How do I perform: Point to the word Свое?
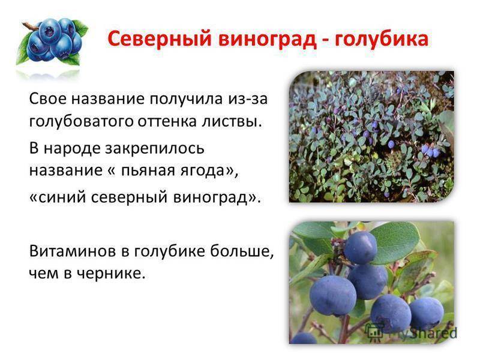click(48, 99)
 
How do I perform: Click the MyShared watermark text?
click(422, 333)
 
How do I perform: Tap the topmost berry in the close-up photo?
click(361, 247)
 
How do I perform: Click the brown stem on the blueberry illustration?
click(29, 26)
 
